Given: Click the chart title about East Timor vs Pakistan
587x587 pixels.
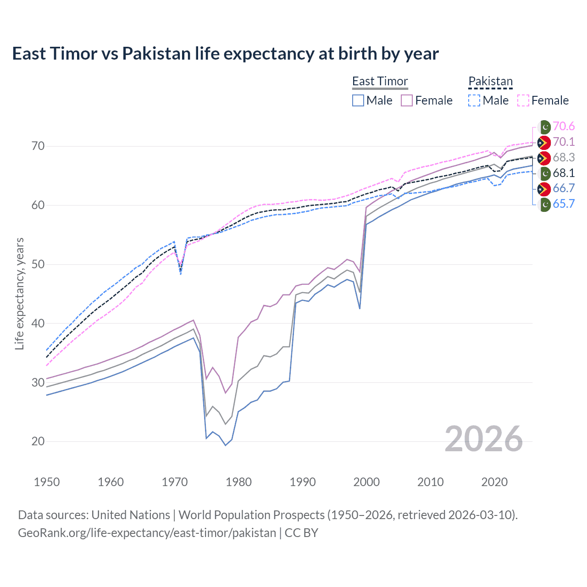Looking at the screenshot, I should pos(225,54).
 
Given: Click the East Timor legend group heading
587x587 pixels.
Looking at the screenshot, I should pos(380,81).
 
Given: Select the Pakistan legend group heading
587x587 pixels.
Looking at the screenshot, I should pos(490,81).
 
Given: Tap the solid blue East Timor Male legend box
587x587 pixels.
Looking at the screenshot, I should pos(358,100).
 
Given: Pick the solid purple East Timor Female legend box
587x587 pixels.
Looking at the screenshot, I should pos(407,100).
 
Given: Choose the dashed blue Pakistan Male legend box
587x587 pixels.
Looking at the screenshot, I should pos(474,100).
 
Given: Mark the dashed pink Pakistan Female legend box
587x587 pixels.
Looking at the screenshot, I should pos(523,100).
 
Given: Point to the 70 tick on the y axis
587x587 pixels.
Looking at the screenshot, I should pos(38,146).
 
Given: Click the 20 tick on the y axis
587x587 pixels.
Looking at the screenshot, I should pos(38,442).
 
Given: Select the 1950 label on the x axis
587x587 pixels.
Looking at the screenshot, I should pos(47,482).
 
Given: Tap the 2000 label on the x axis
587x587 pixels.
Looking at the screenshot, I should pos(366,482).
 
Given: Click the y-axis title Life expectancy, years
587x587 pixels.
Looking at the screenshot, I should pos(19,293).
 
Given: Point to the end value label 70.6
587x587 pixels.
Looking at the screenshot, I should pos(564,127).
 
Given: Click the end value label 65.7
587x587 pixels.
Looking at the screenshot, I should pos(564,204).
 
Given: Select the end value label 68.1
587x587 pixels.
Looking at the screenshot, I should pos(564,173).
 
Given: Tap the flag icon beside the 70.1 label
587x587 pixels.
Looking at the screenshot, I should pos(544,142).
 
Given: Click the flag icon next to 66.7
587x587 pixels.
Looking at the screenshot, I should pos(544,188).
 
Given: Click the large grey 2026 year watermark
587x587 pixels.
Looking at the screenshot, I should pos(483,439).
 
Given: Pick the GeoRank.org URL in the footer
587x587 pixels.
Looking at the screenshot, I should pos(147,533).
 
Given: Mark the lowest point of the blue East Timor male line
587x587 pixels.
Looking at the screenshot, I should pos(226,445).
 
